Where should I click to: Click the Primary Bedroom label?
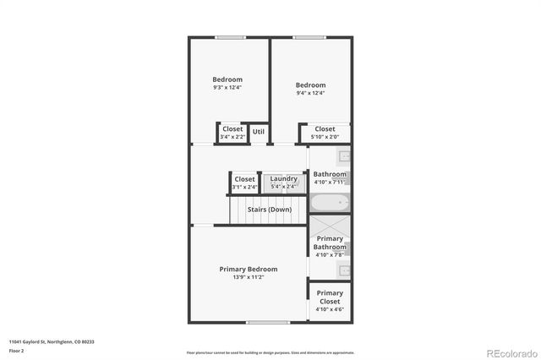(x=248, y=269)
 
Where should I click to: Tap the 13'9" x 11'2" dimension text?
(x=248, y=277)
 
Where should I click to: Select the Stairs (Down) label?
(x=270, y=209)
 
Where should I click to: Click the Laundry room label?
(x=283, y=178)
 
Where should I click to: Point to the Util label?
(x=259, y=131)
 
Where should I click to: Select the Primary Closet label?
(x=330, y=297)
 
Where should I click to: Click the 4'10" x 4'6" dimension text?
(x=330, y=309)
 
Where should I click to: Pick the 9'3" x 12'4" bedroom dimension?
(x=227, y=88)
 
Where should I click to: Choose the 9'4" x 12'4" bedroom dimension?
(x=310, y=94)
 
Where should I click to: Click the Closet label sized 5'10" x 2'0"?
(x=325, y=128)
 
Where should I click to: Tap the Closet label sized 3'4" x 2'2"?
(x=232, y=128)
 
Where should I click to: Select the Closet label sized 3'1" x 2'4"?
(x=244, y=178)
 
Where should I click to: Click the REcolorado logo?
(x=510, y=352)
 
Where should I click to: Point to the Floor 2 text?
(x=17, y=350)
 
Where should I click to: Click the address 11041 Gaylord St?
(x=52, y=341)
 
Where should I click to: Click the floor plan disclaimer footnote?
(x=270, y=352)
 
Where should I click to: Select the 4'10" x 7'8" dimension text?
(x=330, y=254)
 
